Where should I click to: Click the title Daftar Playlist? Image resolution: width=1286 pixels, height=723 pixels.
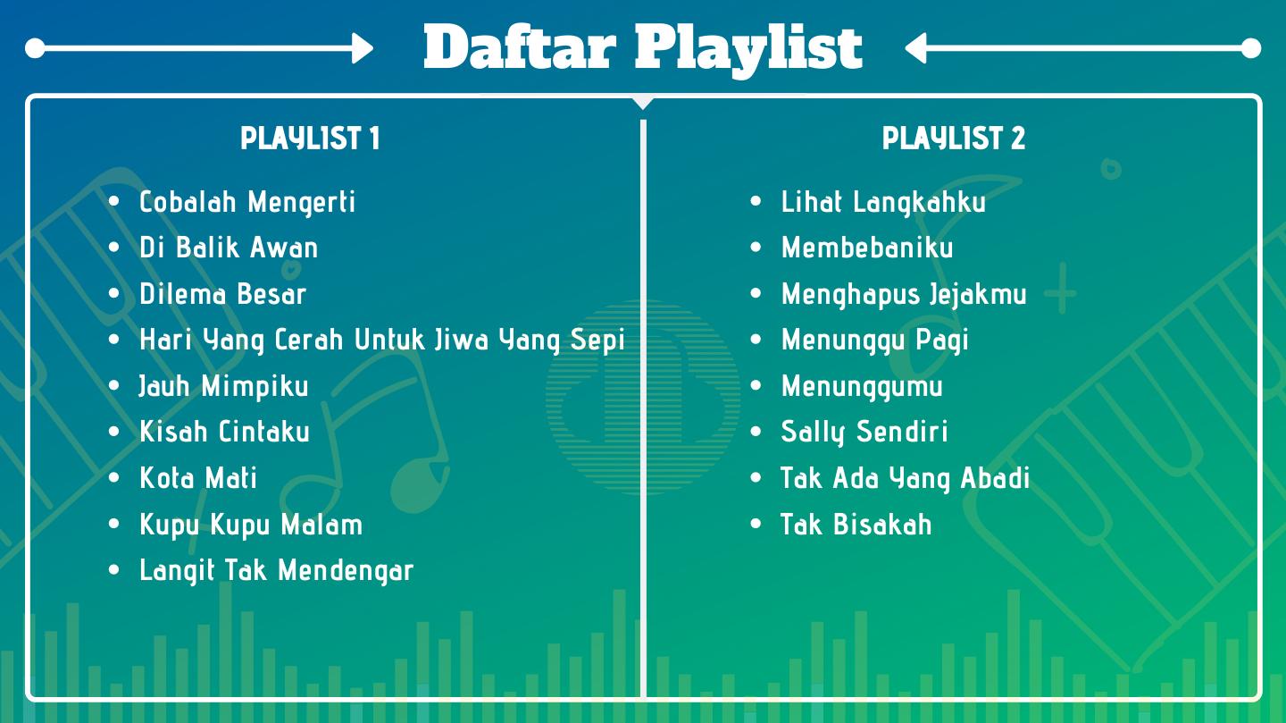point(643,48)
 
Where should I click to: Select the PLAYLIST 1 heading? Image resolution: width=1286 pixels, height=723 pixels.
point(310,138)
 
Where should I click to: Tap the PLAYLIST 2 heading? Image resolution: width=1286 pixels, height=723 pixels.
point(954,138)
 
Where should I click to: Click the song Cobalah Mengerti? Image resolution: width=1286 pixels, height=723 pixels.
point(247,202)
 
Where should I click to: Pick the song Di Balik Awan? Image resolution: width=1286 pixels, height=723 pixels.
point(229,248)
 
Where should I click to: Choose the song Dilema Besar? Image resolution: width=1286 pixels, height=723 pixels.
point(222,294)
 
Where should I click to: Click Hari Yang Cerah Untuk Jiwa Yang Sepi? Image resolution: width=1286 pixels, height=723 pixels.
point(382,340)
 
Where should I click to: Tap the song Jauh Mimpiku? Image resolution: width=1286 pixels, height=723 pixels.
point(224,386)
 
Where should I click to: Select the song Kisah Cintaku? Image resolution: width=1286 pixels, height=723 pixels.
point(224,432)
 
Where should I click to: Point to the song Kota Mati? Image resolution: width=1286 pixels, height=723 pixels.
point(198,477)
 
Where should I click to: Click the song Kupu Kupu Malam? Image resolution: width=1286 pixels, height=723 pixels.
point(251,525)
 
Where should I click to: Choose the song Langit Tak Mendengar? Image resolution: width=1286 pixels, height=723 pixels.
point(276,571)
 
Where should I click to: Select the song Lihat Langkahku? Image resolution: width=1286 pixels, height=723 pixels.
point(883,202)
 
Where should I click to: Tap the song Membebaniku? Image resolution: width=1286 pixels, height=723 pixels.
point(867,248)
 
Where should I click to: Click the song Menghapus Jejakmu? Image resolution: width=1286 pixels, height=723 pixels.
point(904,294)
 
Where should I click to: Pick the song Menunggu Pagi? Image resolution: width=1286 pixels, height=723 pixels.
point(874,340)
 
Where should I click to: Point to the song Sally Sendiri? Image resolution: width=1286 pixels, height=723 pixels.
point(864,433)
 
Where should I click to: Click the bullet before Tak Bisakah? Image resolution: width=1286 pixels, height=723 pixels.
point(756,524)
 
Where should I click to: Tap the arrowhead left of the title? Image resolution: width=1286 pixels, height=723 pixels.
point(363,48)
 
